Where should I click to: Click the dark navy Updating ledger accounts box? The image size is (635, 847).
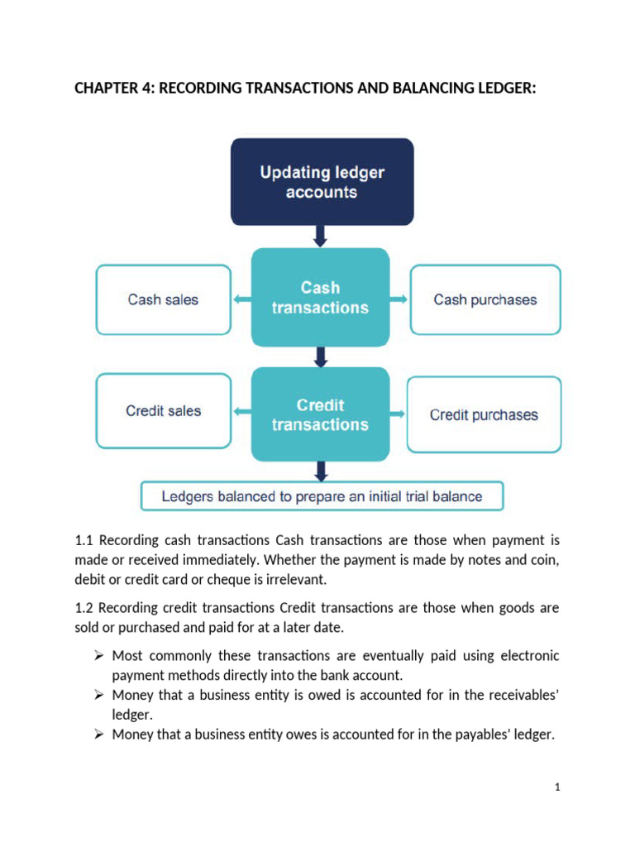point(322,182)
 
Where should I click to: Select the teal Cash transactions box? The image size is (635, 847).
point(320,298)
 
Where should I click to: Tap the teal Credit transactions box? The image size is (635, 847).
point(320,414)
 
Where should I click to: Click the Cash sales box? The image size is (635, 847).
point(164,299)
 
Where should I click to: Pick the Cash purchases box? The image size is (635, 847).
point(485,299)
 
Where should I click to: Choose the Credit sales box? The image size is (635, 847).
point(164,411)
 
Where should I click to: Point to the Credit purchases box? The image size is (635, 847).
point(484,414)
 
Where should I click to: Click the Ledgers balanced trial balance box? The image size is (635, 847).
point(322,496)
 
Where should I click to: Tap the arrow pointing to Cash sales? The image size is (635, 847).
point(241,299)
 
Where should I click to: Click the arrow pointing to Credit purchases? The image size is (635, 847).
point(399,413)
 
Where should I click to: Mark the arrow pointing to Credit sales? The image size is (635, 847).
point(241,411)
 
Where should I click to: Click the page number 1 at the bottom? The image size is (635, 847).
point(558,787)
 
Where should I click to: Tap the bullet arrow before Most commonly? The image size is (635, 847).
point(98,656)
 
